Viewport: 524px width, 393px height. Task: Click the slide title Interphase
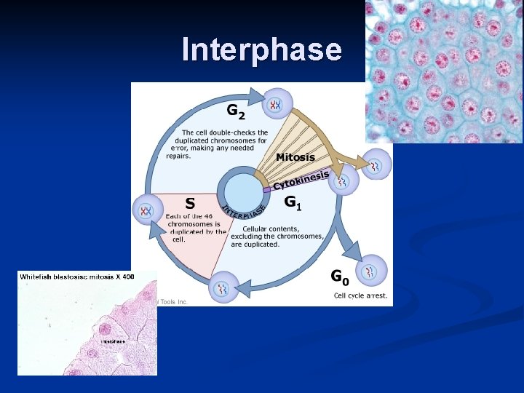pyautogui.click(x=261, y=49)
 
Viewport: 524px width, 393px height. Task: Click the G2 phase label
pyautogui.click(x=236, y=111)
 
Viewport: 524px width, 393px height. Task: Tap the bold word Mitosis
pyautogui.click(x=295, y=157)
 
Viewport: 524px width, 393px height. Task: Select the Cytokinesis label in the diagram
pyautogui.click(x=301, y=180)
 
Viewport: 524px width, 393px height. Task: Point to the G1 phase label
pyautogui.click(x=293, y=203)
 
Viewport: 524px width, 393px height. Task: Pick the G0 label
pyautogui.click(x=340, y=277)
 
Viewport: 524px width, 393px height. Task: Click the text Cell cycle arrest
pyautogui.click(x=361, y=295)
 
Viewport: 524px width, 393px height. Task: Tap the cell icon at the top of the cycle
pyautogui.click(x=276, y=105)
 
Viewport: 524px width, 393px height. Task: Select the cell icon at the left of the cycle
pyautogui.click(x=148, y=211)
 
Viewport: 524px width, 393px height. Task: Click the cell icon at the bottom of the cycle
pyautogui.click(x=223, y=287)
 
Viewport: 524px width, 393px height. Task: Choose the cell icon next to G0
pyautogui.click(x=373, y=271)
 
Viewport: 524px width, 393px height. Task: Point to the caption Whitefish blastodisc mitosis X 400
pyautogui.click(x=77, y=277)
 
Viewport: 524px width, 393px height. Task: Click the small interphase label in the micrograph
pyautogui.click(x=113, y=341)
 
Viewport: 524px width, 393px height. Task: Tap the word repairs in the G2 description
pyautogui.click(x=178, y=156)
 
